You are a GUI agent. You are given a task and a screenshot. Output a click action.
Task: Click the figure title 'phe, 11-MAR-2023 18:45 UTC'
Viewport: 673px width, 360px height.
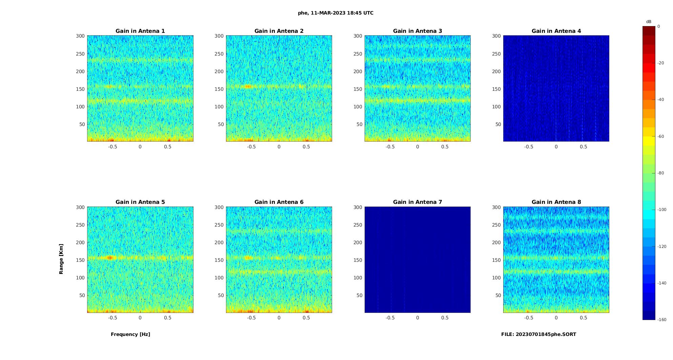click(335, 13)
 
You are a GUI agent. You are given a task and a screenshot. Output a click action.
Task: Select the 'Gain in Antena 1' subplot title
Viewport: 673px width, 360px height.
click(140, 31)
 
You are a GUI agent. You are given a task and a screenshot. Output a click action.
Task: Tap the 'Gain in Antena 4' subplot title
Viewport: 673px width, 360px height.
click(556, 31)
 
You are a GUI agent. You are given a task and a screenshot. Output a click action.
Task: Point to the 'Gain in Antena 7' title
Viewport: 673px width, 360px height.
click(417, 202)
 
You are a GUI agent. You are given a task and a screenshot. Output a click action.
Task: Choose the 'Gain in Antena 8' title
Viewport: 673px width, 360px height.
click(556, 202)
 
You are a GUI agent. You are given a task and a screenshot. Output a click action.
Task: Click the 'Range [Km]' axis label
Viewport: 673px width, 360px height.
click(61, 259)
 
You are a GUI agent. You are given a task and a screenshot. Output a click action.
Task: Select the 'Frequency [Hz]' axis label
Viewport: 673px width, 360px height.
click(130, 334)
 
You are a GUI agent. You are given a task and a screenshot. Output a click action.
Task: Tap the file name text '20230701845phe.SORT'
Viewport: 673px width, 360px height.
click(546, 334)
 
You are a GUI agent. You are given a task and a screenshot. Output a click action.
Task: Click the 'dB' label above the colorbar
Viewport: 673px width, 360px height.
click(649, 22)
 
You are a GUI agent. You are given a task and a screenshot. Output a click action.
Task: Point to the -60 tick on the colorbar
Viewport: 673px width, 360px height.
click(661, 136)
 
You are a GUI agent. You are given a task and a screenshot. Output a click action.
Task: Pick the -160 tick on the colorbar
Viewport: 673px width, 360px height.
click(662, 320)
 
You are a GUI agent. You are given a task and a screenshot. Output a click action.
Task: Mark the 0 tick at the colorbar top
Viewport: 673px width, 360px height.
click(659, 26)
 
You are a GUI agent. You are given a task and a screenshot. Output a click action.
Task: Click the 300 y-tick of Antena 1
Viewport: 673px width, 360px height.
click(80, 36)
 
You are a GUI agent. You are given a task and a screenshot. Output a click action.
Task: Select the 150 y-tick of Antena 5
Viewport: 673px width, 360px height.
click(80, 260)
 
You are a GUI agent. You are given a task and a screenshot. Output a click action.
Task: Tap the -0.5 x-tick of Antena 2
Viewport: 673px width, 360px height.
click(251, 147)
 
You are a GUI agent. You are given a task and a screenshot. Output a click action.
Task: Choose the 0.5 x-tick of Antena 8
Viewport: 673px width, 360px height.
click(583, 318)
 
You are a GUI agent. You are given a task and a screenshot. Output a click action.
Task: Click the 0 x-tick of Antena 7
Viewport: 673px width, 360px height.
click(417, 318)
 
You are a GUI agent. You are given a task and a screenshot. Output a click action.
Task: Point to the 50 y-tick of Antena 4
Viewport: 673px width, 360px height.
click(498, 124)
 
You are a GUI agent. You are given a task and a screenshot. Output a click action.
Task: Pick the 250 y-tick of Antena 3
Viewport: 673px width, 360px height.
click(358, 54)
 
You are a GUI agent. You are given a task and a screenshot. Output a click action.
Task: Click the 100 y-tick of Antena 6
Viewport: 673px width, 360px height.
click(219, 278)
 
